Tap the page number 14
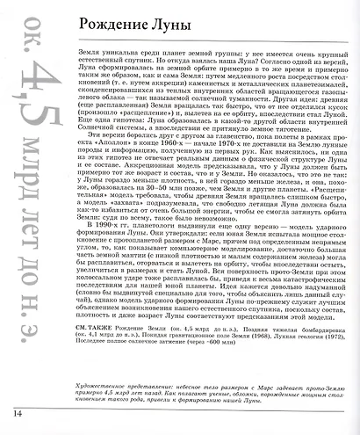pyautogui.click(x=18, y=413)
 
